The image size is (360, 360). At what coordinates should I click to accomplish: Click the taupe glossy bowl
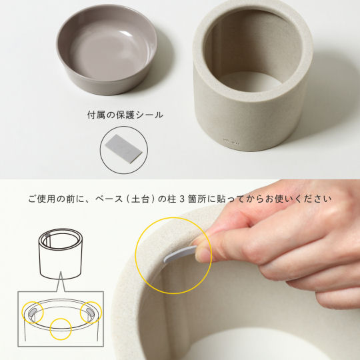click(x=107, y=49)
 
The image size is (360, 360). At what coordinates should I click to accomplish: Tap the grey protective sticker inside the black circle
click(x=124, y=148)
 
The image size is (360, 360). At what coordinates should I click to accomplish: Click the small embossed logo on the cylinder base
click(x=231, y=140)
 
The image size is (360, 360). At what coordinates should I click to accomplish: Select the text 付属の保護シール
click(x=125, y=115)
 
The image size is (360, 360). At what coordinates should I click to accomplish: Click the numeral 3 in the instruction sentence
click(x=182, y=199)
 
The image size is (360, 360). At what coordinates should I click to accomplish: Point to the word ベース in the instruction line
click(x=109, y=199)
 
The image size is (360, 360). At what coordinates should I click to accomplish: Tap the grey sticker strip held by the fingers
click(x=180, y=254)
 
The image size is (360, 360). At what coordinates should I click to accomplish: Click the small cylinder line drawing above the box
click(x=61, y=253)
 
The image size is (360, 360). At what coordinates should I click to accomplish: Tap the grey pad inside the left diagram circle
click(x=33, y=312)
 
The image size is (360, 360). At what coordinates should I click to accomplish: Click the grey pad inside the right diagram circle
click(x=89, y=312)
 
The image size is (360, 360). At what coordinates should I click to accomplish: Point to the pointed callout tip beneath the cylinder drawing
click(x=61, y=272)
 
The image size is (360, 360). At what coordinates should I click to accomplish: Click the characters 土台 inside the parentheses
click(x=140, y=199)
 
